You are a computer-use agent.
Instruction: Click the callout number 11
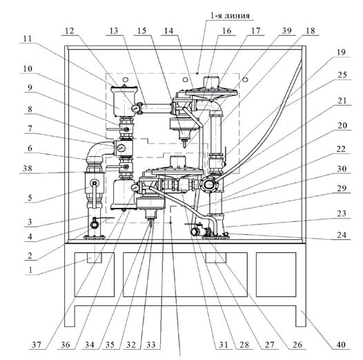28,39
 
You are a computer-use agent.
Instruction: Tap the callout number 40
341,345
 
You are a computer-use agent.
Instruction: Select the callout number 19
341,52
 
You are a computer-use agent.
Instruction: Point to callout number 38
28,169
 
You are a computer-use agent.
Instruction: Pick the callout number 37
37,345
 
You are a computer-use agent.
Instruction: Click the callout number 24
342,236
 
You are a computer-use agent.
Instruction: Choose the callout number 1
30,270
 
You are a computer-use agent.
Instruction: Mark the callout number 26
297,345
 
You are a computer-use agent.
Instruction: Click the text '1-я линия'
230,15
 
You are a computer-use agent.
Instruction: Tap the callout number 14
169,30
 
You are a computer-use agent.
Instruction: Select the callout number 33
151,345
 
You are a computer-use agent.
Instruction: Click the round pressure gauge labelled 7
121,148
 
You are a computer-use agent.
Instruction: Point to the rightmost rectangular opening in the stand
276,274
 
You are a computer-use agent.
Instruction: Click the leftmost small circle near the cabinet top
125,79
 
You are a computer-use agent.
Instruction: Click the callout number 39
287,30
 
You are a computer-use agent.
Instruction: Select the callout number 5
30,198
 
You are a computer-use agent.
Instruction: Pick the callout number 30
342,169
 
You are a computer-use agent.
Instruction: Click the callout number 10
28,69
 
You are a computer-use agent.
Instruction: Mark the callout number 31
224,345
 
